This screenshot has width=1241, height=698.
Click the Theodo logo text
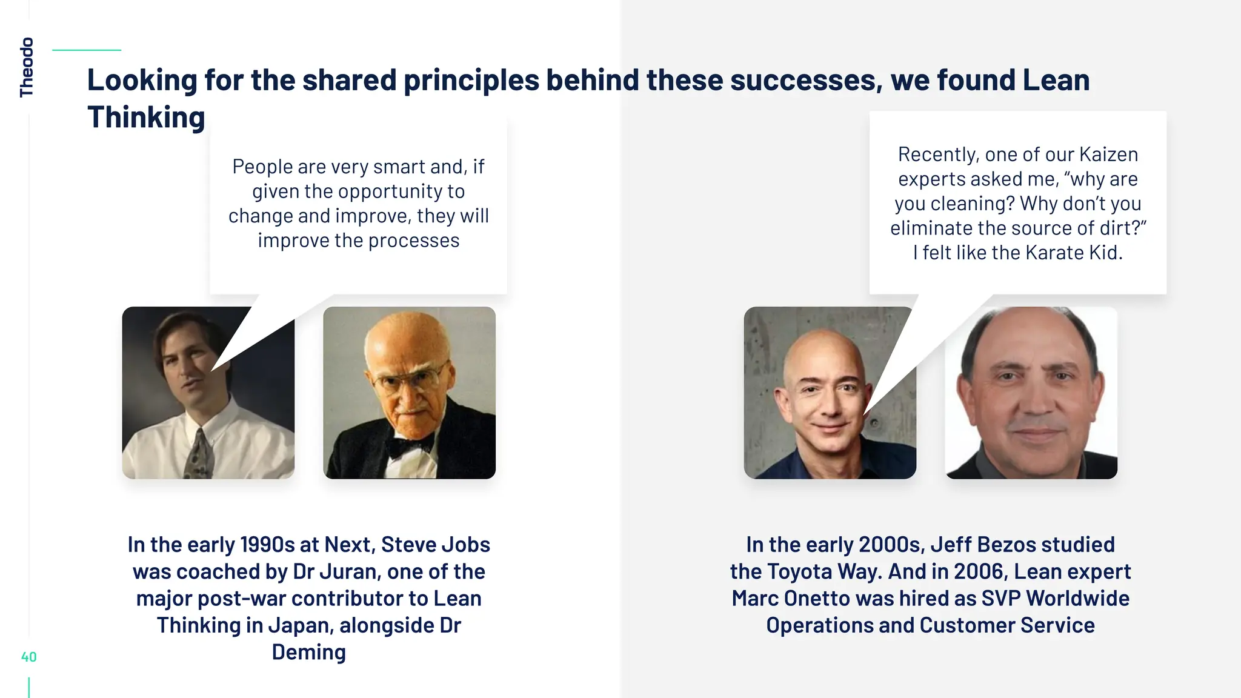coord(27,67)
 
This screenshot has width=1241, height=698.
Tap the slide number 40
coord(28,657)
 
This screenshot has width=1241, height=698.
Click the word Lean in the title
coord(1056,81)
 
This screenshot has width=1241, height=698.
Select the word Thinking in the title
coord(146,118)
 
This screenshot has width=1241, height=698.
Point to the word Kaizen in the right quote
coord(1108,155)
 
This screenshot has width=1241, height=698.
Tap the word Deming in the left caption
coord(308,653)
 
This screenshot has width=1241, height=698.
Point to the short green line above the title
coord(87,50)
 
